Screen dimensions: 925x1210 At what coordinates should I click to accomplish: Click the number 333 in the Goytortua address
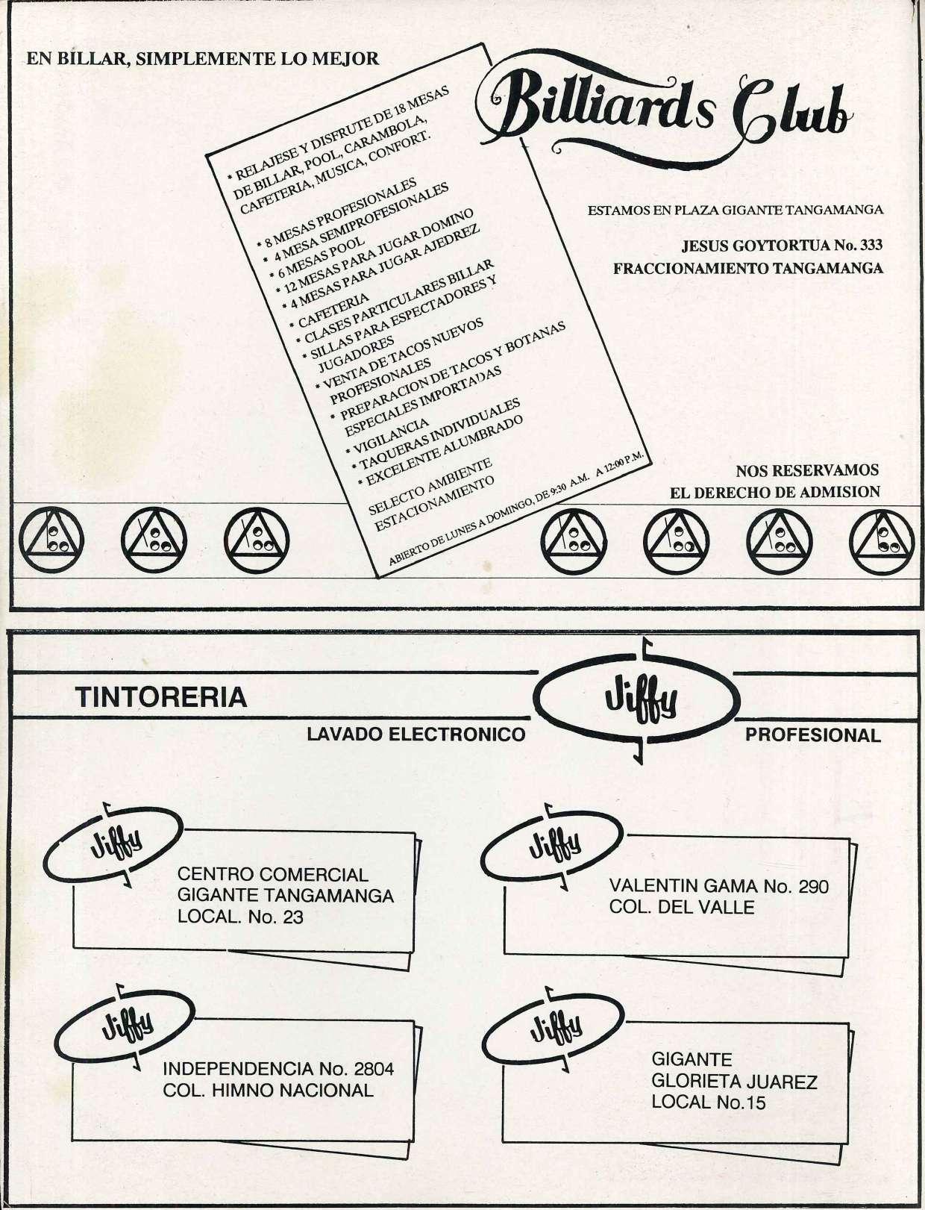[x=867, y=246]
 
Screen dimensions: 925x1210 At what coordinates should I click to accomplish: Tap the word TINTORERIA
[x=162, y=697]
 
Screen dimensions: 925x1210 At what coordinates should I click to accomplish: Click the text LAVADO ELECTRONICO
[x=416, y=735]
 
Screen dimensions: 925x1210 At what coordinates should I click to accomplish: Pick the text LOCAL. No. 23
[x=240, y=917]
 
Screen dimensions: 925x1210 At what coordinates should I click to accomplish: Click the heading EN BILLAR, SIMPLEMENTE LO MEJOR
[x=203, y=59]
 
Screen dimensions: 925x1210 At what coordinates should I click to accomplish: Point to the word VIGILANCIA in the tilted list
[x=388, y=433]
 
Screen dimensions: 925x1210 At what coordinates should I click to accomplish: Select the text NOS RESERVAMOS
[x=807, y=470]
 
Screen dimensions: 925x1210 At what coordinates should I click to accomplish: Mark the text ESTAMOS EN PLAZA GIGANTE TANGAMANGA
[x=736, y=210]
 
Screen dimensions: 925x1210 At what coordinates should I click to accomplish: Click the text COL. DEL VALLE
[x=682, y=908]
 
